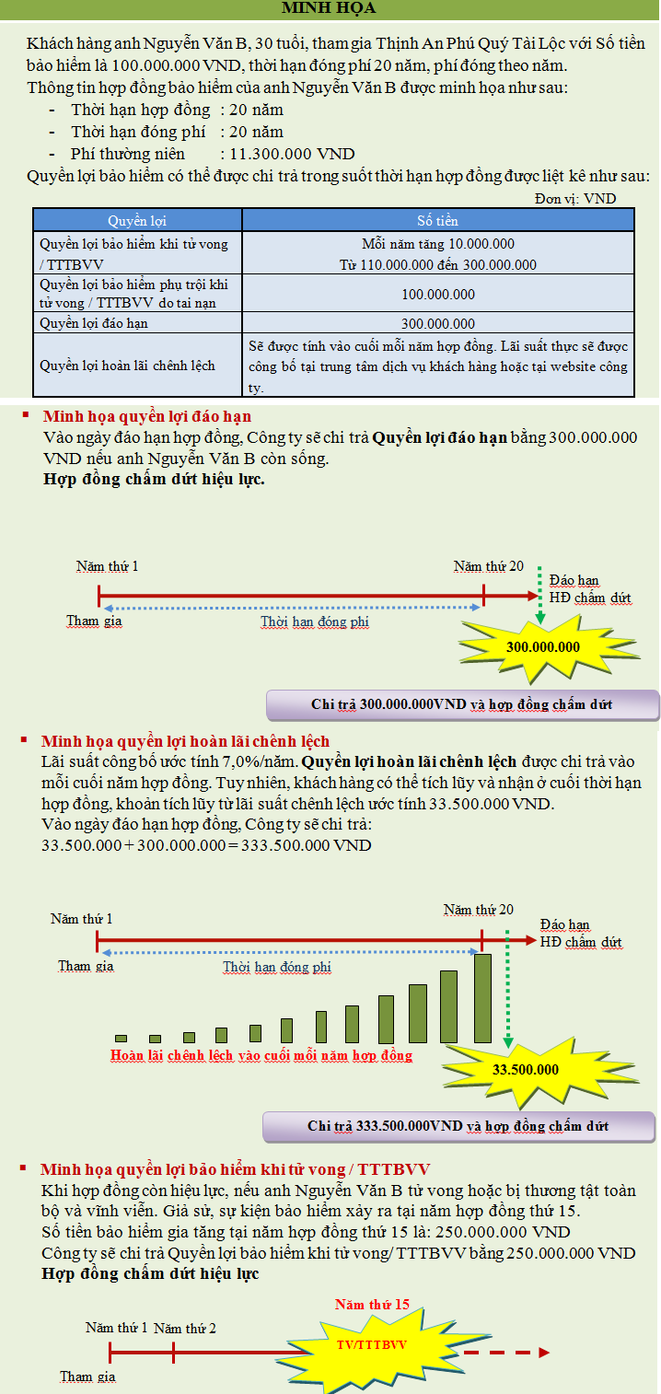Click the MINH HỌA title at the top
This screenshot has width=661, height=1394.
(329, 9)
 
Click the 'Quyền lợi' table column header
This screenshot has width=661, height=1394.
(137, 221)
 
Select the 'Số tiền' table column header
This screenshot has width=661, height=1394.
(437, 221)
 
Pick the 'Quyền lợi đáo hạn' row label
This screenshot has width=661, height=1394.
(94, 323)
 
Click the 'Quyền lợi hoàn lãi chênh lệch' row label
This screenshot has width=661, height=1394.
(127, 366)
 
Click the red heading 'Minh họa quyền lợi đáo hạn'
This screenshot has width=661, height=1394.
(146, 416)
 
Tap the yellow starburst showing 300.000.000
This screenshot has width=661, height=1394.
(542, 646)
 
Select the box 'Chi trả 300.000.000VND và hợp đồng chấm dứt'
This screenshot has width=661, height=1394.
(462, 705)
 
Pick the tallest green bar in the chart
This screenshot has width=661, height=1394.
(482, 998)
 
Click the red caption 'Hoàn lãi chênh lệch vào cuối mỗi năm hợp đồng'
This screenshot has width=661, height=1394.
(261, 1055)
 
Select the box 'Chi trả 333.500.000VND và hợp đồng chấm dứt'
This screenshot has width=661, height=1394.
(458, 1126)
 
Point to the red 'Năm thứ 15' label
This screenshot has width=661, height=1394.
(372, 1305)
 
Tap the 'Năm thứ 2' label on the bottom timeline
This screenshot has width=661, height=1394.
(185, 1328)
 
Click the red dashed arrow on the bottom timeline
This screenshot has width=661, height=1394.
(506, 1353)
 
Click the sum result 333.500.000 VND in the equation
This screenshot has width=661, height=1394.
(307, 844)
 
